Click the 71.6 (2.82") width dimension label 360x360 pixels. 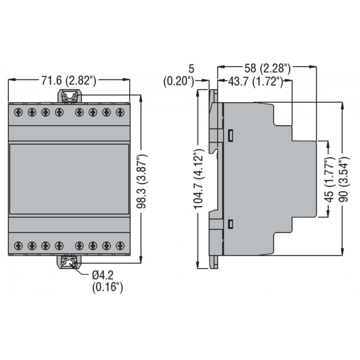(69, 81)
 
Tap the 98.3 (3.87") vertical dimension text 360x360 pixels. (142, 182)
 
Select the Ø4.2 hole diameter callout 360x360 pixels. (103, 275)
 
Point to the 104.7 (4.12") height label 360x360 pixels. (198, 179)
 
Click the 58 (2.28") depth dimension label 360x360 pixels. (267, 68)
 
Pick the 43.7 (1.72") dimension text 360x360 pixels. (256, 81)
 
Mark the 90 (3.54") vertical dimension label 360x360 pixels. (344, 180)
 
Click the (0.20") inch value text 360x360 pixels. (179, 81)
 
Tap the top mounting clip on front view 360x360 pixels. (69, 96)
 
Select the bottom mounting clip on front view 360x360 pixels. (69, 262)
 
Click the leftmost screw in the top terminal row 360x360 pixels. (18, 112)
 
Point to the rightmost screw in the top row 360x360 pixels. (120, 112)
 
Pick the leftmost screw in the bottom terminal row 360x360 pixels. (18, 246)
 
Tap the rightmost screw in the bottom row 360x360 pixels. (120, 246)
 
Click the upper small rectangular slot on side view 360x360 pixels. (230, 135)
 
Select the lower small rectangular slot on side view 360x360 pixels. (230, 224)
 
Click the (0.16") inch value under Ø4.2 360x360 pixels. (108, 287)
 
